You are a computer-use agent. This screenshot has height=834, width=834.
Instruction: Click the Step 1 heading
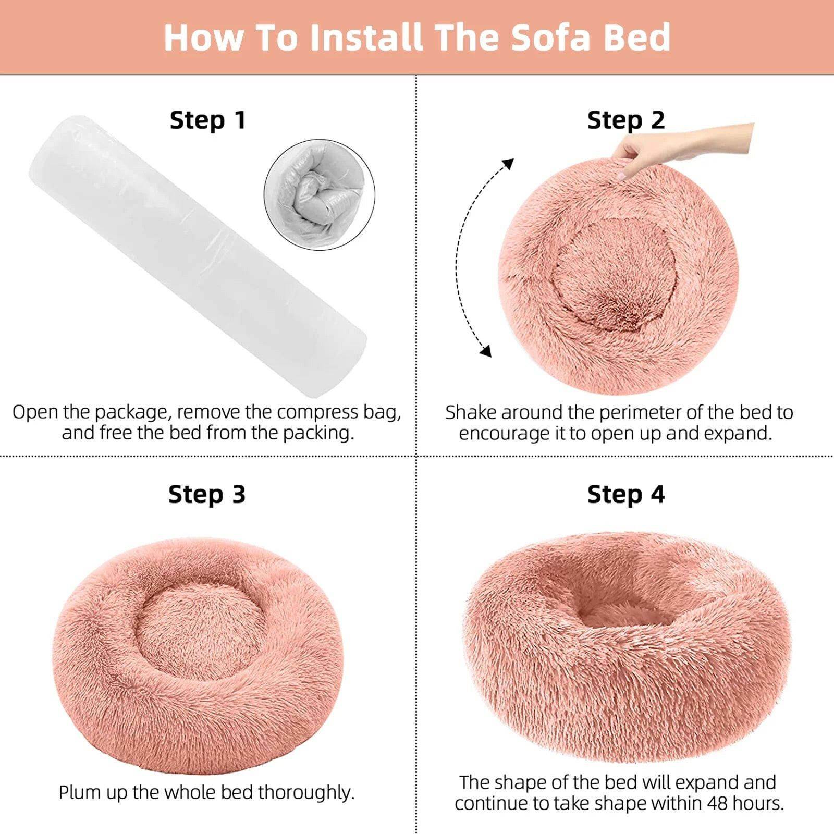tap(207, 120)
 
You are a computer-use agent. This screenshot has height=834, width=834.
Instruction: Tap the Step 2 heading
tap(626, 120)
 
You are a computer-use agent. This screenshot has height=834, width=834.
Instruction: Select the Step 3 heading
tap(207, 494)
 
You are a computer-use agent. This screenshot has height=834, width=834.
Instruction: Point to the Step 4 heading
tap(626, 494)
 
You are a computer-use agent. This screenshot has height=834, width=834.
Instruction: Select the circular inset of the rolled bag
tap(320, 194)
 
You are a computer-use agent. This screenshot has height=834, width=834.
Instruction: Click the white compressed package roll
tap(198, 255)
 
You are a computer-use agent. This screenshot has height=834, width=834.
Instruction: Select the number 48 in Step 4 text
tap(718, 803)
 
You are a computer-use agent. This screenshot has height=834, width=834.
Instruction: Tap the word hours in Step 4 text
tap(758, 803)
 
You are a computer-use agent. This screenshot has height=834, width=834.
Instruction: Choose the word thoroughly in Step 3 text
tap(306, 792)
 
